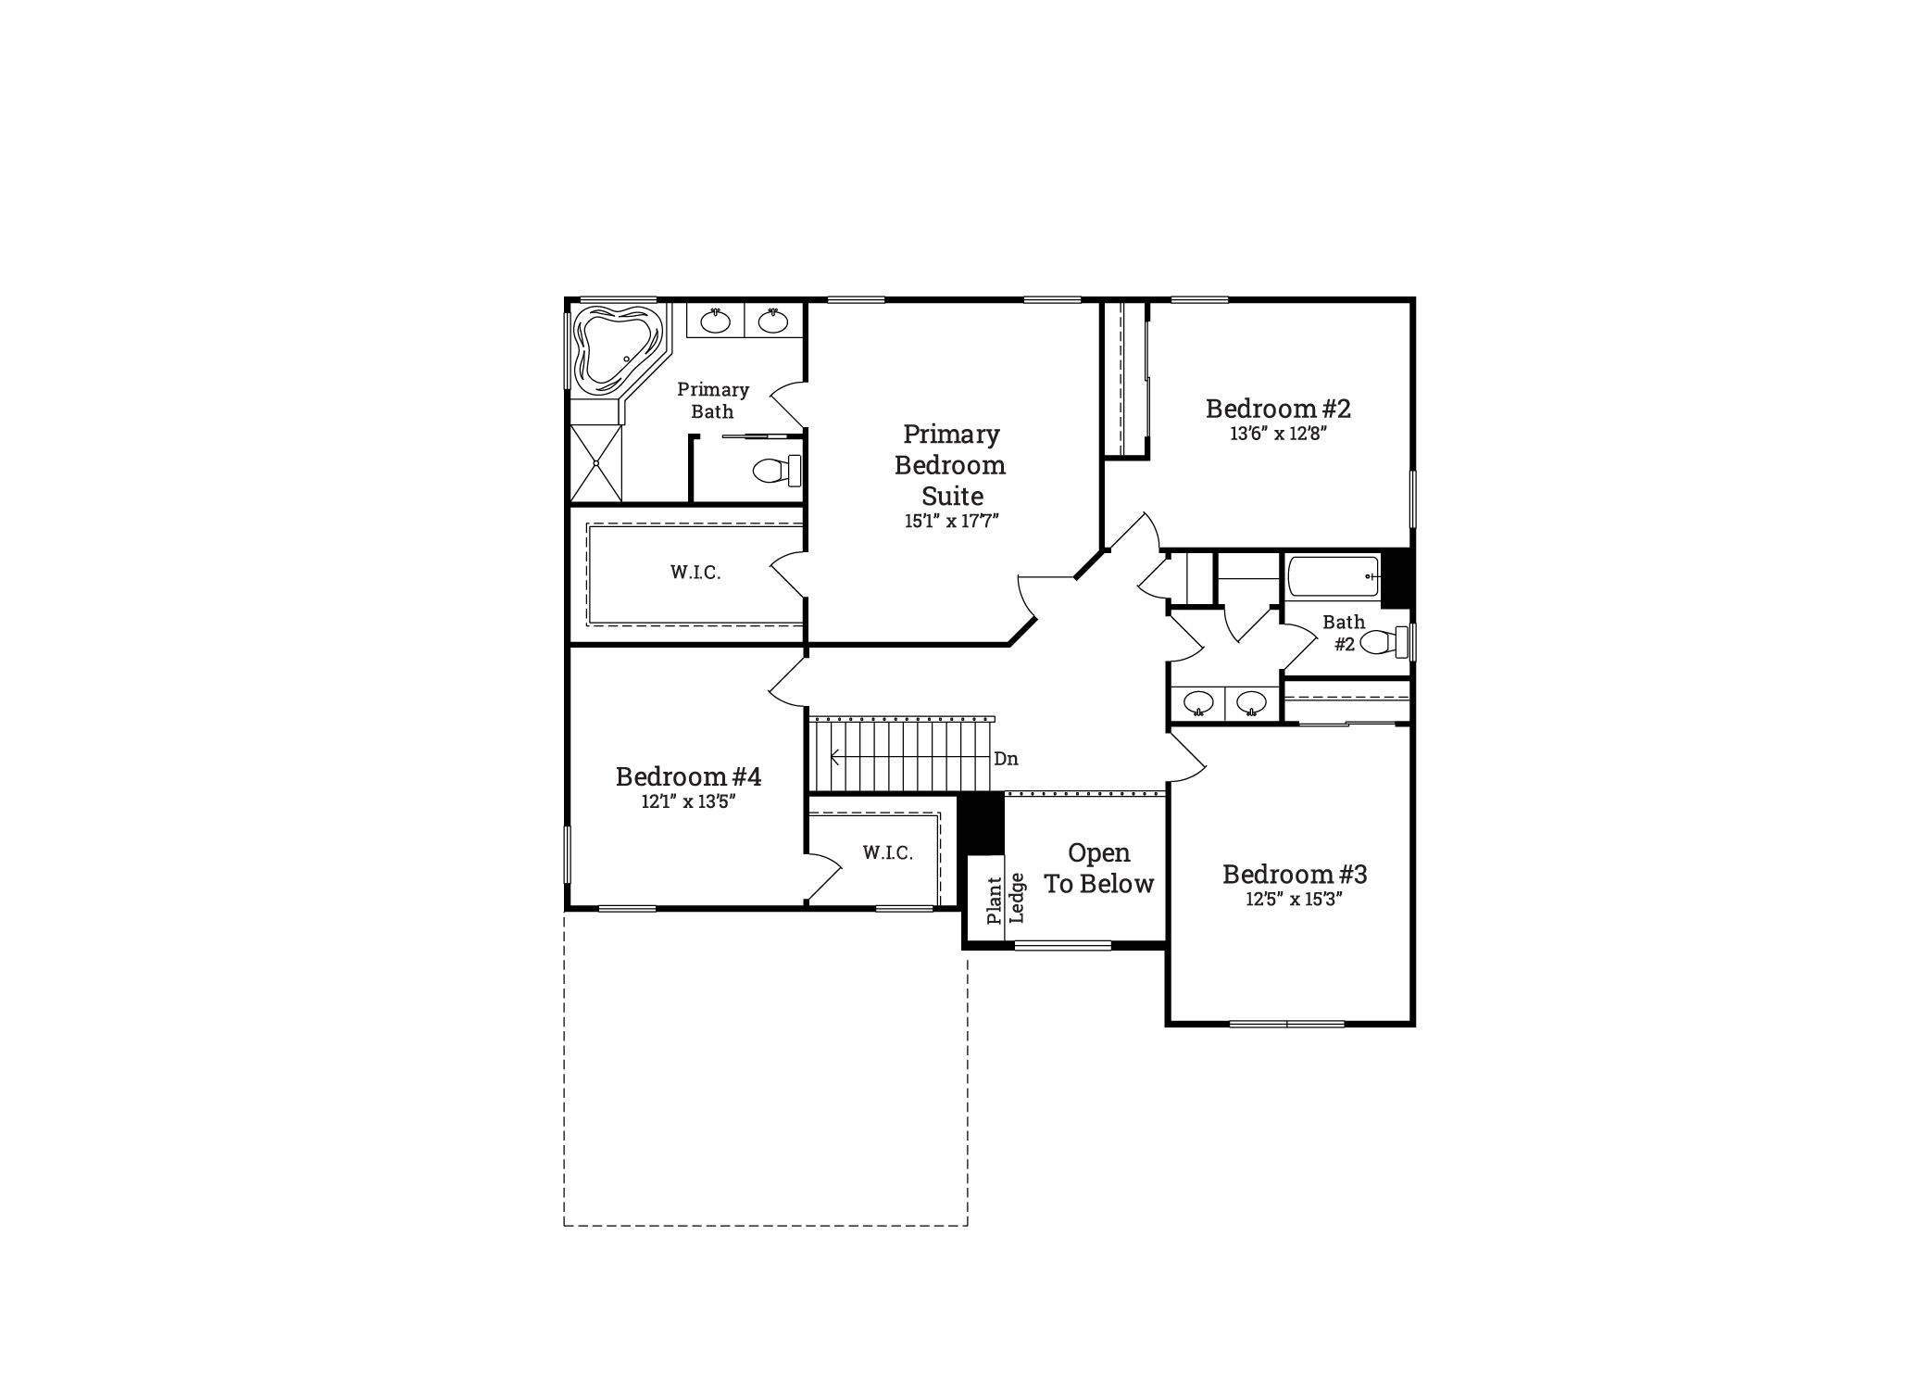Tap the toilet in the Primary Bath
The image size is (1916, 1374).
point(777,470)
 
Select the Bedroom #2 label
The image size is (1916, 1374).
point(1278,409)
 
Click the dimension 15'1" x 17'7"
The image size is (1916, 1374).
point(951,521)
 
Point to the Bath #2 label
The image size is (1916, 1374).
point(1344,634)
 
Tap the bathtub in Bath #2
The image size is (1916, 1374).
point(1334,576)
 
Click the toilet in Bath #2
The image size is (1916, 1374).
point(1384,641)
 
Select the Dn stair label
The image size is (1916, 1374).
point(1006,759)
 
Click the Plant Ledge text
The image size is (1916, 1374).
point(1006,899)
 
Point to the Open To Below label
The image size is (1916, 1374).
point(1099,868)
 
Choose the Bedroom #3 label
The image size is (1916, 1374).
point(1295,874)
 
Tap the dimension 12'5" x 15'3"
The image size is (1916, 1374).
point(1294,900)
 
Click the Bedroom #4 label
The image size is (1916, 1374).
point(688,776)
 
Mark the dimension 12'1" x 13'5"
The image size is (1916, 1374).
point(688,802)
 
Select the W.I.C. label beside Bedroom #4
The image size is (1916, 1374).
point(888,852)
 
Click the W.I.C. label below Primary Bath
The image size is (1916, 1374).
point(695,573)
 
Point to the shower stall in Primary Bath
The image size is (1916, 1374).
point(595,462)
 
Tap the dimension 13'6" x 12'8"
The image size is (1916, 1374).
point(1278,434)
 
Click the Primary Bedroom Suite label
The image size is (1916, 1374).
point(951,464)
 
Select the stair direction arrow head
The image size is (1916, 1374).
point(834,757)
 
